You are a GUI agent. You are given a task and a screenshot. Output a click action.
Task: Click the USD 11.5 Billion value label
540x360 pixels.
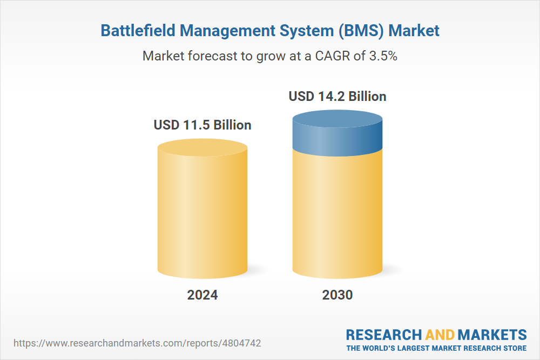click(202, 125)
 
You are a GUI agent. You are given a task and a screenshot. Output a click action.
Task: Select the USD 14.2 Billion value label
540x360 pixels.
click(337, 96)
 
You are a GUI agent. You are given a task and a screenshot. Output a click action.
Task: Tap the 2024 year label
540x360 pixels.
click(202, 295)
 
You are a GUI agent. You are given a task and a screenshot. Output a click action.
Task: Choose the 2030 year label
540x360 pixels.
click(337, 295)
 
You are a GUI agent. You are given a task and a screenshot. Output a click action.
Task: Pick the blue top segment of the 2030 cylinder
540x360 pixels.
click(337, 135)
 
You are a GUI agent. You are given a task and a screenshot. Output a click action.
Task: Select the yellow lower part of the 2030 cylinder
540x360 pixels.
click(337, 216)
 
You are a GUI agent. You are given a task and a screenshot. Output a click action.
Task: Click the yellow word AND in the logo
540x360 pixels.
click(440, 334)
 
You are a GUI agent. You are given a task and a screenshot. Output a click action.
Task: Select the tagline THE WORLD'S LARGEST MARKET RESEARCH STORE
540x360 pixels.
click(436, 348)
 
